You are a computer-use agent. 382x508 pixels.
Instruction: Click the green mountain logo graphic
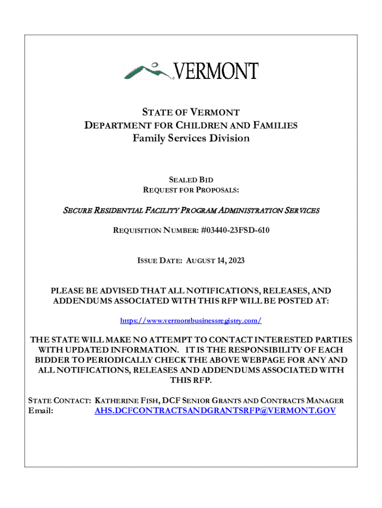pyautogui.click(x=148, y=71)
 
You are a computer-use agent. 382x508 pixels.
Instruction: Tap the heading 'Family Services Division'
pyautogui.click(x=191, y=138)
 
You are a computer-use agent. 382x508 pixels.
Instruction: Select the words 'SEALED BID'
pyautogui.click(x=191, y=180)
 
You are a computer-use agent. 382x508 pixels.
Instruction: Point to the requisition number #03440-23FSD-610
pyautogui.click(x=236, y=230)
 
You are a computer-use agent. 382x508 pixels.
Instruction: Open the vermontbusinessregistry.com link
pyautogui.click(x=191, y=321)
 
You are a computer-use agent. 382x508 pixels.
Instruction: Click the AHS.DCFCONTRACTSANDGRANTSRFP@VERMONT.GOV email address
pyautogui.click(x=215, y=411)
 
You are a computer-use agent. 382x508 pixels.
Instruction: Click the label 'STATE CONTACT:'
pyautogui.click(x=59, y=400)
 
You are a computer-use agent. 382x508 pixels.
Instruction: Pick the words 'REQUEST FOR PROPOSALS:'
pyautogui.click(x=191, y=190)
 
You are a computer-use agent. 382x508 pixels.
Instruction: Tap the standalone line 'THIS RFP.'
pyautogui.click(x=191, y=381)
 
